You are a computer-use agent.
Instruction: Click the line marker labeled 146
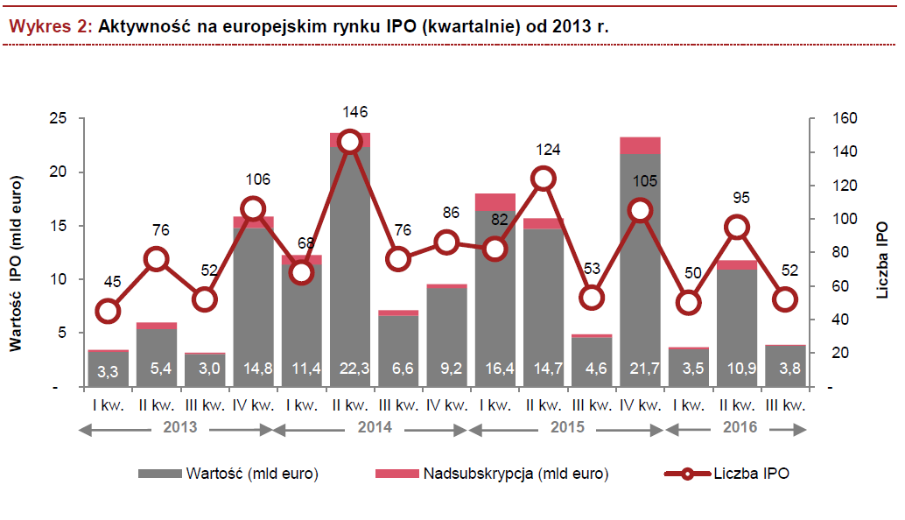pos(350,142)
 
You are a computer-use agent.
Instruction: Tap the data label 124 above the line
pos(544,146)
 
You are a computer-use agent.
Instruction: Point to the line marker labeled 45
pos(108,311)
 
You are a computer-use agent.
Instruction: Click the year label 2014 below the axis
pos(374,429)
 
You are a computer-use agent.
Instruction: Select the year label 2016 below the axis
pos(740,429)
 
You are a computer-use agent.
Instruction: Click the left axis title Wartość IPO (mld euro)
pos(15,263)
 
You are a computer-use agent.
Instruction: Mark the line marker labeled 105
pos(641,210)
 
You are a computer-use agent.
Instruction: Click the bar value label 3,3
pos(108,371)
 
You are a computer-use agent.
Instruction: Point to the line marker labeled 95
pos(737,228)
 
